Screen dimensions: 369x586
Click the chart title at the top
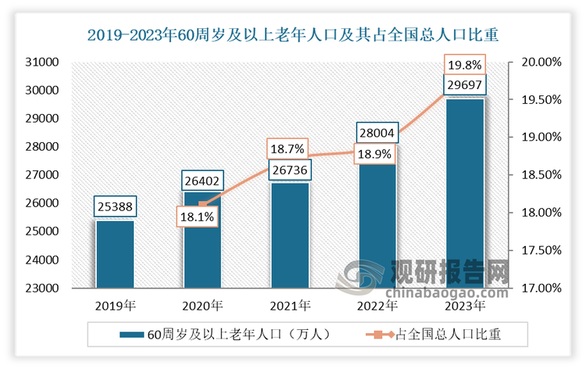click(293, 35)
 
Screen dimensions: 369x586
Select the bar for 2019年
click(115, 254)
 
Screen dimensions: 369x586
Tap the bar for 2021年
click(290, 235)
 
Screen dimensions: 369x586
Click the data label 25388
click(115, 207)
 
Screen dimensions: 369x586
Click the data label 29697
click(465, 84)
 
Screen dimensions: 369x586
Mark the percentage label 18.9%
click(372, 155)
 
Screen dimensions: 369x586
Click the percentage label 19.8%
click(465, 64)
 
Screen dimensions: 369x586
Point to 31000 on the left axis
click(45, 63)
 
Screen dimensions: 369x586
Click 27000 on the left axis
click(45, 175)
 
